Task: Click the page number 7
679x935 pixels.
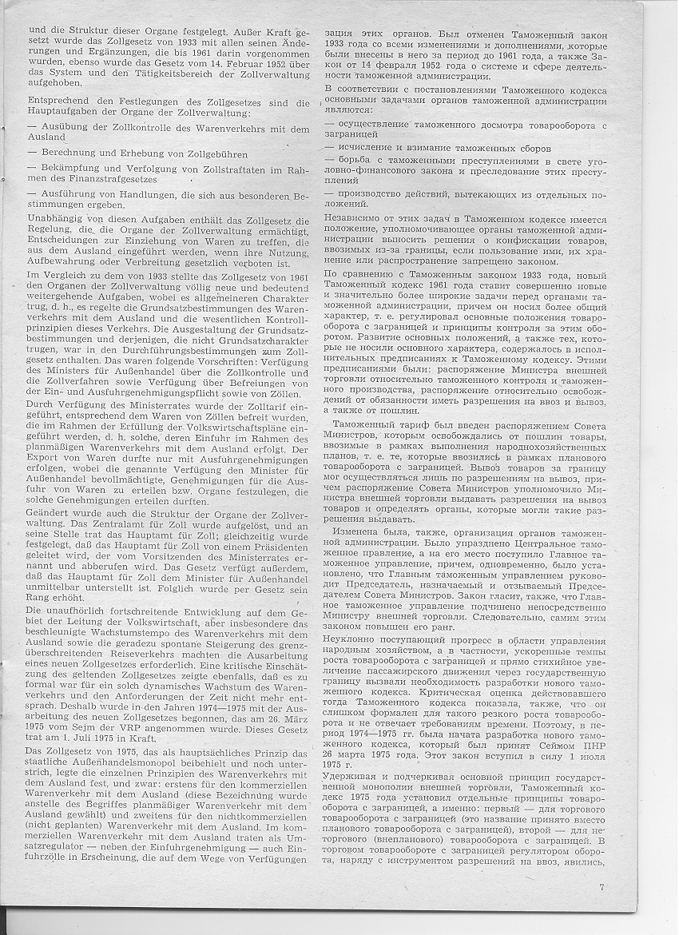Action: pyautogui.click(x=601, y=886)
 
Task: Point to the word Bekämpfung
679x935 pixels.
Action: pyautogui.click(x=69, y=169)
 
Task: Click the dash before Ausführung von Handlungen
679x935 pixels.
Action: pyautogui.click(x=31, y=194)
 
